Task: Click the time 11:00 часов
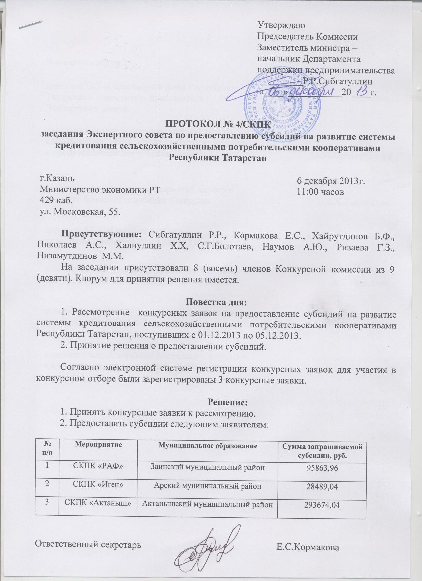321,191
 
